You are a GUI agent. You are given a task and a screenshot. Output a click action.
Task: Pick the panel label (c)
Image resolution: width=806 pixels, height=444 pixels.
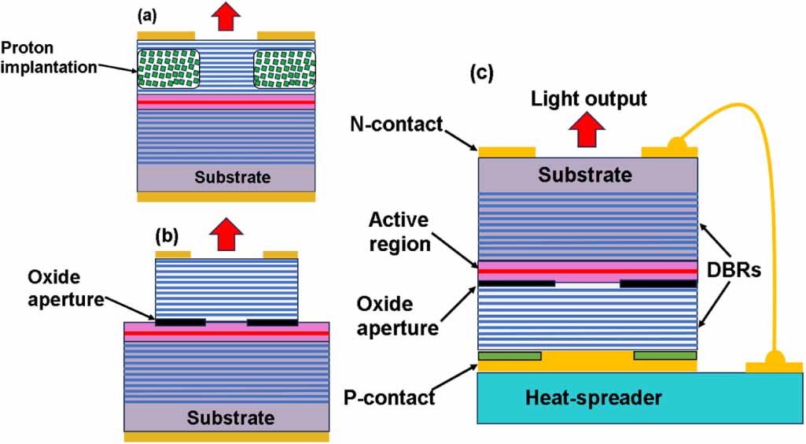(x=481, y=73)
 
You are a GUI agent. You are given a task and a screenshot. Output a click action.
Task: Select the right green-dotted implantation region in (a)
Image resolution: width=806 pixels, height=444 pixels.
(x=283, y=68)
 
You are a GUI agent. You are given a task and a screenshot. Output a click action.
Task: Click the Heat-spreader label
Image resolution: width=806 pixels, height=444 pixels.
(x=594, y=398)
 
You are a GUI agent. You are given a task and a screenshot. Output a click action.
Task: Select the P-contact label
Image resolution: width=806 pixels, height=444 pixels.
(x=388, y=397)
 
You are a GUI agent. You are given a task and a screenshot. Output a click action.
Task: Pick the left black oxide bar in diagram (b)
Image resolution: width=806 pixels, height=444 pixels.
(x=180, y=322)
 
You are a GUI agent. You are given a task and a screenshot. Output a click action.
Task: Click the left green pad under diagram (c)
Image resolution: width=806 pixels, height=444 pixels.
(x=510, y=356)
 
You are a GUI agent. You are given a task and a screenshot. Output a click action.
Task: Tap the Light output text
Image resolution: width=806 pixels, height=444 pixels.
(x=588, y=98)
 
